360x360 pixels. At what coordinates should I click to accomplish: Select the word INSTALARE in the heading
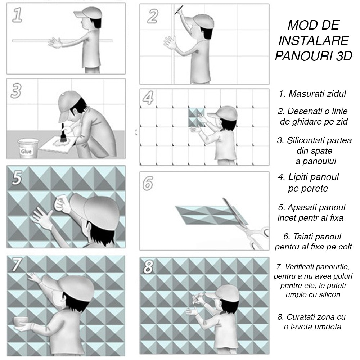click(313, 41)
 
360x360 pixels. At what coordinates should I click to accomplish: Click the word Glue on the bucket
click(26, 152)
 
